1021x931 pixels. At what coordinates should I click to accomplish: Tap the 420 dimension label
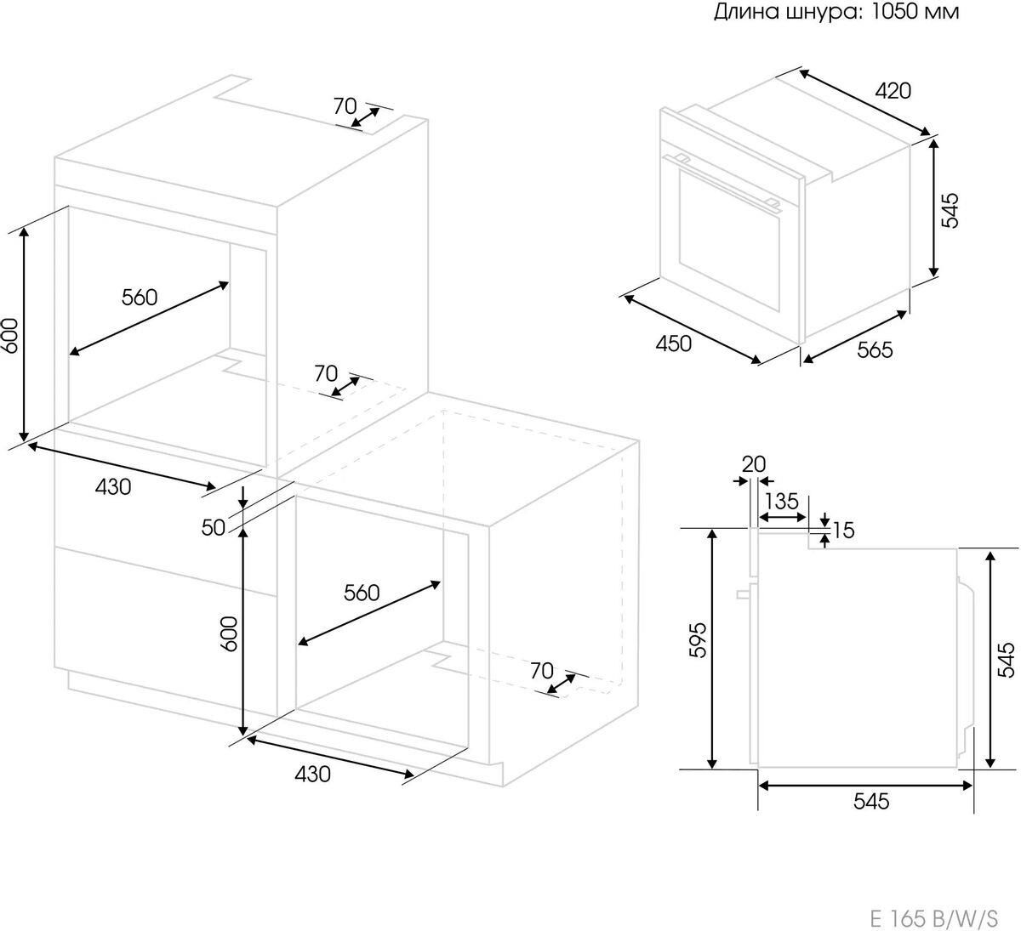point(893,91)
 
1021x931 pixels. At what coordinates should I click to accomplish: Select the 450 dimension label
point(673,343)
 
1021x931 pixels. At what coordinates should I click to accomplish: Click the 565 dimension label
point(875,349)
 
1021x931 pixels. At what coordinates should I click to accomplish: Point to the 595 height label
point(698,639)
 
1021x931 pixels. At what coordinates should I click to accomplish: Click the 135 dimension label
point(782,501)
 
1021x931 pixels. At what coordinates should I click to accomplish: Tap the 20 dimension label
point(754,464)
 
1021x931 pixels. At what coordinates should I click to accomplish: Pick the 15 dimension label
point(843,530)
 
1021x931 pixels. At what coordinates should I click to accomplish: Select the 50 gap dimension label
point(213,527)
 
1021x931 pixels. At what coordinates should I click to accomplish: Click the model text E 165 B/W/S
point(934,915)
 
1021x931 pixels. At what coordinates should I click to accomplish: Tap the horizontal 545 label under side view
point(871,801)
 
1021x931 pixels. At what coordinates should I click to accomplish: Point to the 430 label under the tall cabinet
point(113,487)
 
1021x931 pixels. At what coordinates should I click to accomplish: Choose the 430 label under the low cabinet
point(312,774)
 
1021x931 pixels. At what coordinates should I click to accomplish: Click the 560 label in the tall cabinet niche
point(140,297)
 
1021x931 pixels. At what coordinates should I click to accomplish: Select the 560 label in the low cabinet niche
point(362,593)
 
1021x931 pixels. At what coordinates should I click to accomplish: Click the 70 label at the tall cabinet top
point(345,105)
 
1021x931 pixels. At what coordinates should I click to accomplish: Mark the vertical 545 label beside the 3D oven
point(950,210)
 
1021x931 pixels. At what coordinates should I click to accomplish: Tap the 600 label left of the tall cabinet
point(9,335)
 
